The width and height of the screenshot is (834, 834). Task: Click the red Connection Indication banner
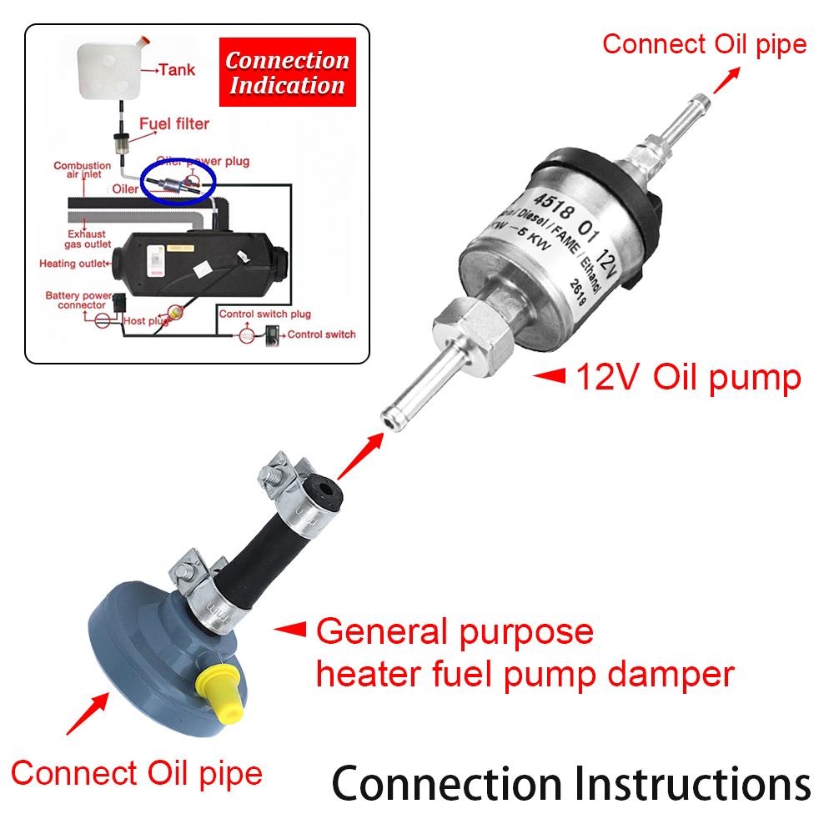286,73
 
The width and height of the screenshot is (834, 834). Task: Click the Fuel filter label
173,123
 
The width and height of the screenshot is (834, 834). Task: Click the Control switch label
322,334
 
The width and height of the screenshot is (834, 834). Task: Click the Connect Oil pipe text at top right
705,43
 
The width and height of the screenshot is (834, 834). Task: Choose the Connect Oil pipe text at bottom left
137,772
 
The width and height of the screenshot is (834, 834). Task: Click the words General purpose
455,631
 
